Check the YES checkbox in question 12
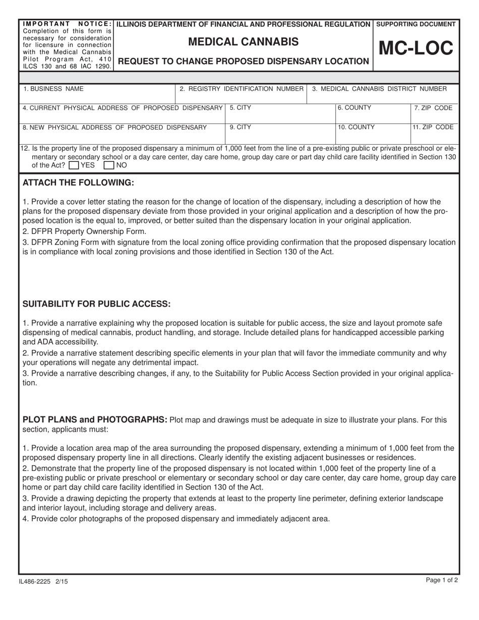pyautogui.click(x=73, y=165)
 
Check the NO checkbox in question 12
pyautogui.click(x=109, y=165)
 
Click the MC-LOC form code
pyautogui.click(x=416, y=49)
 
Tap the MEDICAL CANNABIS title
pyautogui.click(x=243, y=42)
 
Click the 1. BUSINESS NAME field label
pyautogui.click(x=53, y=89)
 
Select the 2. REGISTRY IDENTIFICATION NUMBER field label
pyautogui.click(x=242, y=89)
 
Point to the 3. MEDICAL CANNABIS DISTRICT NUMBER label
pyautogui.click(x=379, y=89)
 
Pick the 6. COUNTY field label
pyautogui.click(x=354, y=108)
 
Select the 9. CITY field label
pyautogui.click(x=240, y=128)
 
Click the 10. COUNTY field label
pyautogui.click(x=356, y=128)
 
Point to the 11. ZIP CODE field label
pyautogui.click(x=433, y=128)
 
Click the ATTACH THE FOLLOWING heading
pyautogui.click(x=78, y=182)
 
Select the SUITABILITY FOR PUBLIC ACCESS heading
pyautogui.click(x=96, y=304)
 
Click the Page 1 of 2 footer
pyautogui.click(x=442, y=580)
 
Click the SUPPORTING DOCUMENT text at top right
pyautogui.click(x=416, y=24)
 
